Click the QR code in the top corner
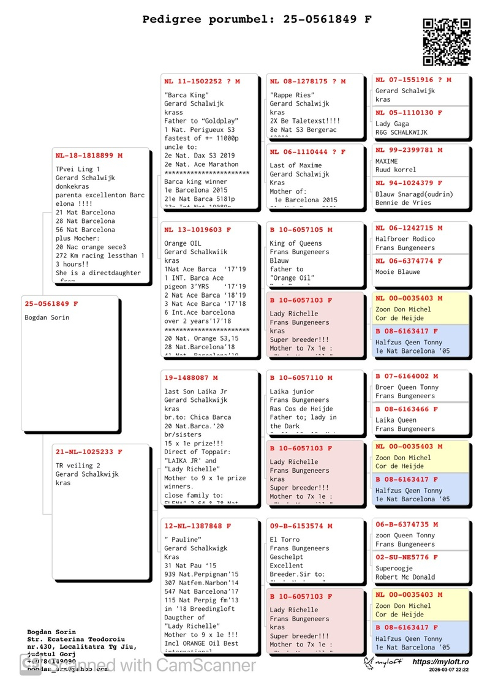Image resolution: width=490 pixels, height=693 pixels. [x=447, y=42]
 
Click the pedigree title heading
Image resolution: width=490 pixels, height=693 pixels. [x=257, y=19]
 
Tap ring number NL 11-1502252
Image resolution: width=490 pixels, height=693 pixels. [x=202, y=81]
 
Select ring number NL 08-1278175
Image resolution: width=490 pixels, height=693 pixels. [x=307, y=81]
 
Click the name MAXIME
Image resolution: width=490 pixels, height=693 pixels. [x=386, y=161]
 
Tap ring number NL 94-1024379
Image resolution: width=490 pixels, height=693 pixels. [x=409, y=183]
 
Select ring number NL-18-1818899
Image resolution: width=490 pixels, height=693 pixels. [x=89, y=156]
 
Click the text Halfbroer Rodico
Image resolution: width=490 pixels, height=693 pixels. [x=405, y=239]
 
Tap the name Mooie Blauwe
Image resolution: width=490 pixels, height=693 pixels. [x=398, y=272]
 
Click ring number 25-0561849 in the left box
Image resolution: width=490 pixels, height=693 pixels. [x=51, y=304]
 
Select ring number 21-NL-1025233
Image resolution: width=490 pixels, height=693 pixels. [x=89, y=452]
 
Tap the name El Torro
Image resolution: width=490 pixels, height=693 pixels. [x=285, y=540]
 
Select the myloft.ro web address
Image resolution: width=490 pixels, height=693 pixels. [x=440, y=662]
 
